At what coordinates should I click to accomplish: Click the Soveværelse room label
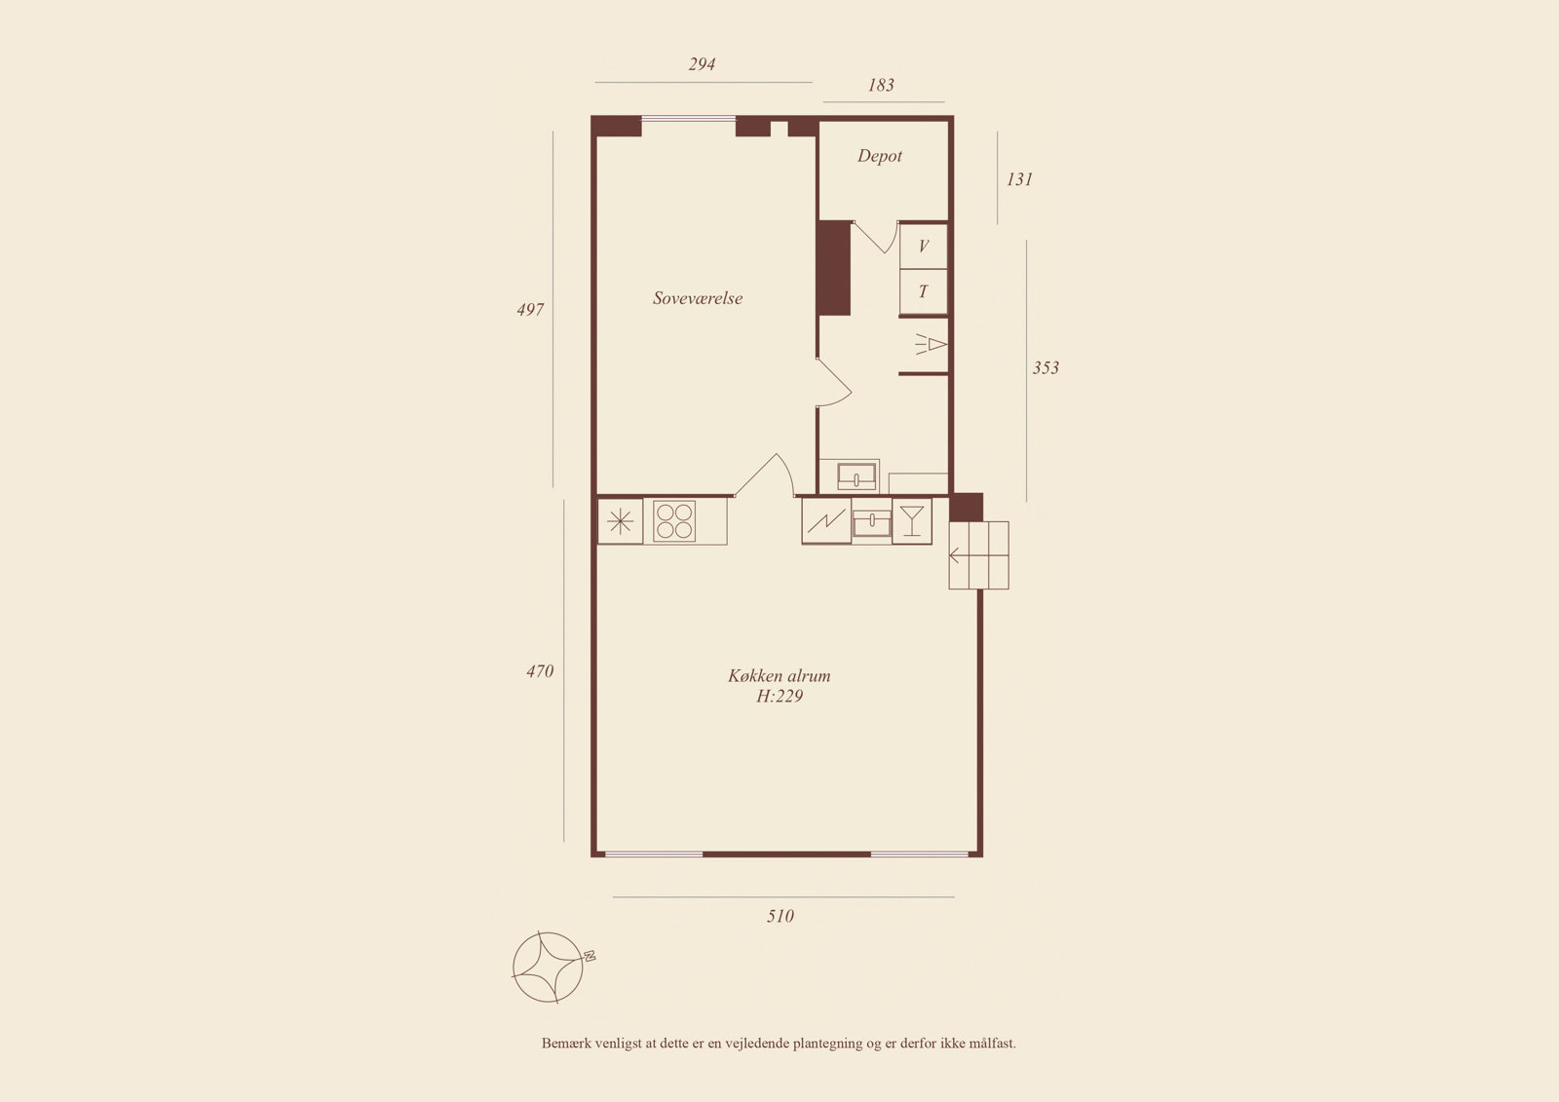click(698, 299)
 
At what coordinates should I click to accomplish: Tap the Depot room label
click(880, 156)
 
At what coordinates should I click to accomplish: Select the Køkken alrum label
click(779, 675)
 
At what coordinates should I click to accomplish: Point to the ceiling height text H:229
click(779, 696)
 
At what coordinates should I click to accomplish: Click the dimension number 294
click(702, 64)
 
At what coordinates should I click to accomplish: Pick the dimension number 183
click(881, 85)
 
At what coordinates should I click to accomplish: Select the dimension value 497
click(530, 310)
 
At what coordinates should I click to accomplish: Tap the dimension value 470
click(540, 671)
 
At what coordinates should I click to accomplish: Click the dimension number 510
click(780, 916)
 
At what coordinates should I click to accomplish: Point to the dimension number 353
click(1046, 367)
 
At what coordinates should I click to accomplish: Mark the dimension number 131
click(1019, 179)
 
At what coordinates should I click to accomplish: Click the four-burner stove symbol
click(674, 521)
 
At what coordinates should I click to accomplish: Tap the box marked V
click(924, 246)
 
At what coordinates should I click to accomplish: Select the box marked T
click(924, 291)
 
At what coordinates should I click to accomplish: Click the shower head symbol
click(931, 345)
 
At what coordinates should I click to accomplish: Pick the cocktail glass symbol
click(912, 520)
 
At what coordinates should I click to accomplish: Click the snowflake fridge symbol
click(620, 521)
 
